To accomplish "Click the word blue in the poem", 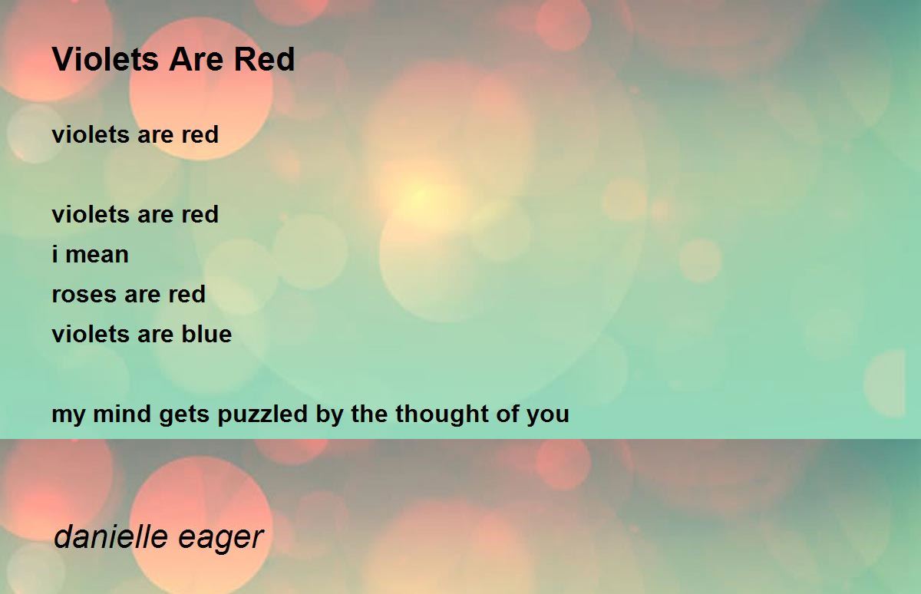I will point(206,335).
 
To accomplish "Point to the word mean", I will point(97,255).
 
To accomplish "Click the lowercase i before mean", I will point(55,255).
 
